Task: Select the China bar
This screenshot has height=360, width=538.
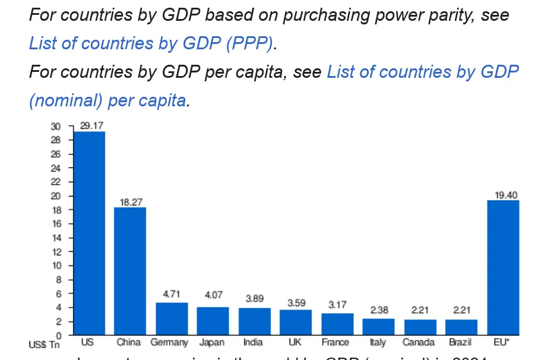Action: point(130,271)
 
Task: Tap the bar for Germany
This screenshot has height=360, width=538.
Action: point(172,318)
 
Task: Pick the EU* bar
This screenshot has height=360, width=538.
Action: point(503,267)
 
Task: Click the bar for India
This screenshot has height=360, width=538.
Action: point(254,321)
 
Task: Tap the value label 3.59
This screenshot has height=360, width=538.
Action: point(296,303)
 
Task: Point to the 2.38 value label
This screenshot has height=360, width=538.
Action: point(379,310)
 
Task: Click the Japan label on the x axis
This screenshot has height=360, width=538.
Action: point(212,343)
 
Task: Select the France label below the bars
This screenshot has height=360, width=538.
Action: point(336,343)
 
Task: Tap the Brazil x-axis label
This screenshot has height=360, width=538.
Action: point(460,343)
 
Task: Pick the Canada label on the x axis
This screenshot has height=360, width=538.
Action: point(419,343)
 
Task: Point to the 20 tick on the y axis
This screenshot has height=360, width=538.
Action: point(56,196)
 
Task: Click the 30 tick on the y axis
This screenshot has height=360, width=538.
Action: point(56,127)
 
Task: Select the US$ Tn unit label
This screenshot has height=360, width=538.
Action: point(44,344)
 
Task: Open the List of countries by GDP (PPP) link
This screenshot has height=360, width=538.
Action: point(152,43)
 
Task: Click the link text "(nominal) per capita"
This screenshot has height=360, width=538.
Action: point(107,100)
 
